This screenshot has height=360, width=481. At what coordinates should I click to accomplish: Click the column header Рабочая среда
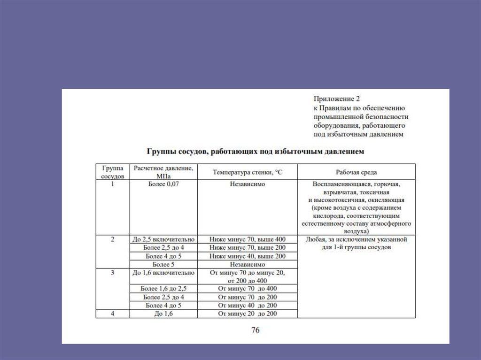(356, 172)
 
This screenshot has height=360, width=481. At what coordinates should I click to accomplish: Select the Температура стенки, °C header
(247, 172)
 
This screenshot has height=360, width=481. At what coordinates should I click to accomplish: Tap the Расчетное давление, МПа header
(163, 172)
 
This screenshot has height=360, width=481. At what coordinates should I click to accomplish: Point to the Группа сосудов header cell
(112, 172)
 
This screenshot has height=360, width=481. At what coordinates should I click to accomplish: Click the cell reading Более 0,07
(163, 184)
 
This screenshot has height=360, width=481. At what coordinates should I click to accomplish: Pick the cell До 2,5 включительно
(163, 239)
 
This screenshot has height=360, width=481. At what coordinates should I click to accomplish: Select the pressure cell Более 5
(163, 264)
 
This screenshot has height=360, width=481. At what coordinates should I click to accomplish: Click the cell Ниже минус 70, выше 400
(247, 239)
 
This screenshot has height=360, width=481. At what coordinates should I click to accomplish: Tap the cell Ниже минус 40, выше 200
(247, 256)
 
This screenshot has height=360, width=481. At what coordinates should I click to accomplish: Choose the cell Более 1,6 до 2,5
(163, 288)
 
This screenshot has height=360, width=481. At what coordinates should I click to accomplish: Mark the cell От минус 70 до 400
(247, 288)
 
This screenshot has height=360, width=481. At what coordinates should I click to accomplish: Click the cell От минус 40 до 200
(247, 305)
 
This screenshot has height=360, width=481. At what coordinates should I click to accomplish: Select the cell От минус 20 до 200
(247, 314)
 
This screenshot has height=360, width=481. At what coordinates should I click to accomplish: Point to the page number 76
(255, 330)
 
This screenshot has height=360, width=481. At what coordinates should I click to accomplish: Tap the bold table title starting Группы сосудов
(255, 152)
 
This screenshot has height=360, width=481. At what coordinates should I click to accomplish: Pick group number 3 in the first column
(112, 272)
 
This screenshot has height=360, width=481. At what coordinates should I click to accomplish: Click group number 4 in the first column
(112, 313)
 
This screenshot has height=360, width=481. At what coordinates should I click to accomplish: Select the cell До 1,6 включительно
(163, 273)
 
